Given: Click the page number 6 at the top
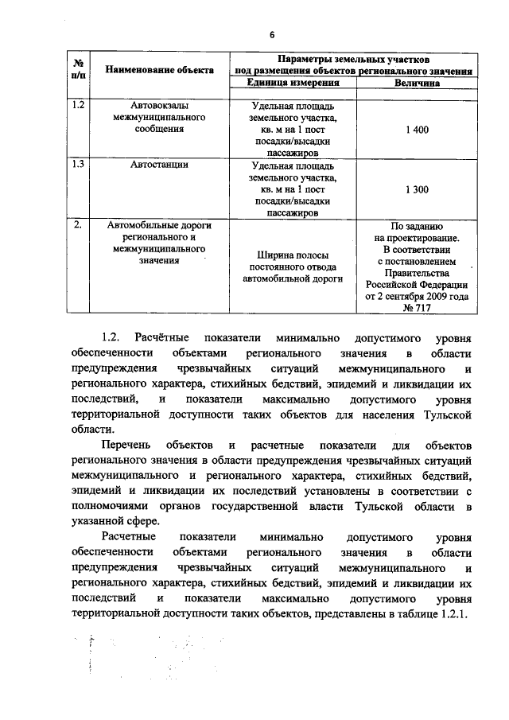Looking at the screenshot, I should [x=270, y=34].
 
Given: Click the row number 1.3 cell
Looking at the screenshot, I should [x=78, y=165].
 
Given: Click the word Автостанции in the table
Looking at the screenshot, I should [x=159, y=165].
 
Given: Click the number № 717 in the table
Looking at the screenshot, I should [x=417, y=308].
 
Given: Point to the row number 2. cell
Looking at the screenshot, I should [x=78, y=224].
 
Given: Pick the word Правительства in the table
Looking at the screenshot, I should [x=417, y=272].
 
